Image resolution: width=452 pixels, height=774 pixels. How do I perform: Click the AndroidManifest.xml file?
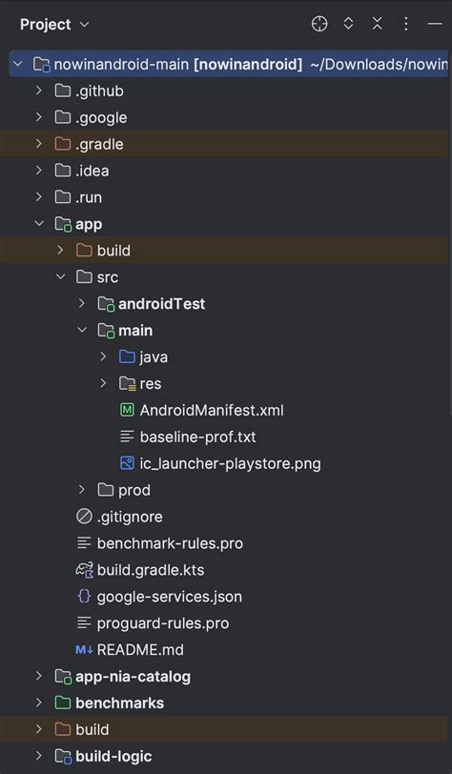(212, 411)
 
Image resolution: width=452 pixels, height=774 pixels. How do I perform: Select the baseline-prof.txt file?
(197, 438)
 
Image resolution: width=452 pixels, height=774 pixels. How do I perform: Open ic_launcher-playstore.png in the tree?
(230, 464)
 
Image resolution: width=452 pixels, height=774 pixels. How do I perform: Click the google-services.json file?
(169, 597)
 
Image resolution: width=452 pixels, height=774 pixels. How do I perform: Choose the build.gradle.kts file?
(151, 570)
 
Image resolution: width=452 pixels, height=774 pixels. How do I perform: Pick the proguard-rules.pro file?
(162, 623)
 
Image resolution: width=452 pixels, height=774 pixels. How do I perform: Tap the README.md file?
(140, 650)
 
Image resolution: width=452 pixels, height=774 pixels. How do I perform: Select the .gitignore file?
(130, 517)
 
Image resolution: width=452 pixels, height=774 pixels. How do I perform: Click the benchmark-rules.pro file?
(170, 543)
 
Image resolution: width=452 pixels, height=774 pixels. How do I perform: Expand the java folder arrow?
(103, 357)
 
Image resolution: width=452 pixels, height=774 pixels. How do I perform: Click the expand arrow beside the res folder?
(103, 384)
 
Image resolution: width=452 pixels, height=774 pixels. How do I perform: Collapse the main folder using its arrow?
(82, 331)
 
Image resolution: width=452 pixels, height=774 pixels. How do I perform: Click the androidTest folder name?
(161, 304)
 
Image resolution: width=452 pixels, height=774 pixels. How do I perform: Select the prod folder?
(134, 490)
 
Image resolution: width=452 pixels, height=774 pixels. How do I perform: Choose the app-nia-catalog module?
(133, 677)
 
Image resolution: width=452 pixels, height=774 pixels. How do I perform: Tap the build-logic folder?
(113, 757)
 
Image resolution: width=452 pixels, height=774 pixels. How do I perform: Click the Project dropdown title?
(54, 24)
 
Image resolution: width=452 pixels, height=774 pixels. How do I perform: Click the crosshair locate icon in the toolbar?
(319, 24)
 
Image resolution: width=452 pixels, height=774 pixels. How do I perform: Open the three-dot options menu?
(406, 24)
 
